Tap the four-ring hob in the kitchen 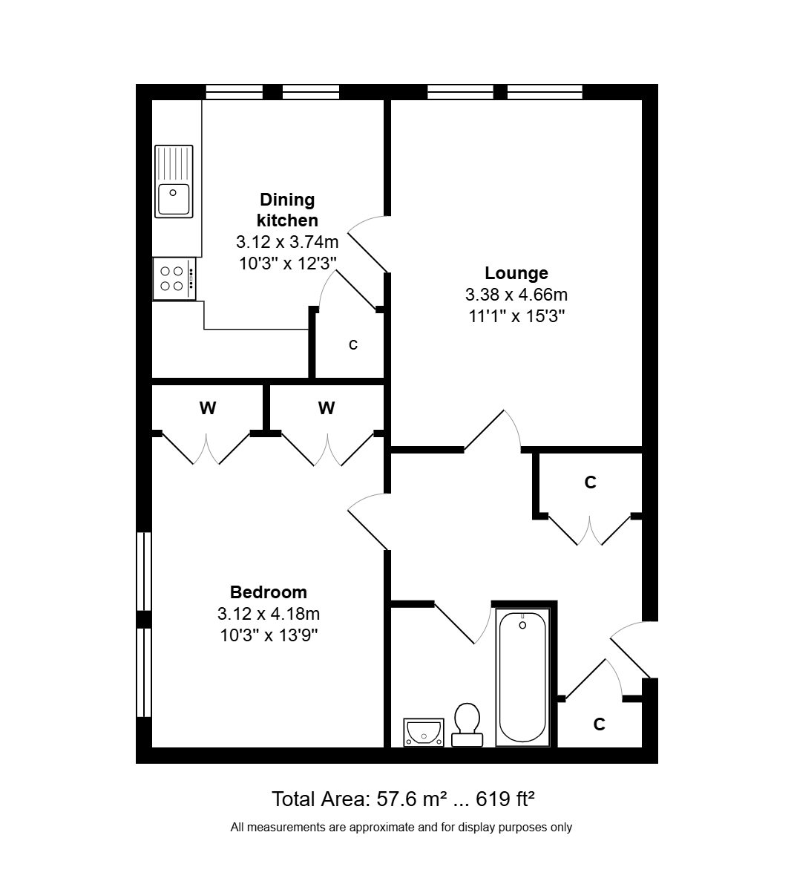[174, 279]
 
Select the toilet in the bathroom [467, 724]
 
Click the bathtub [522, 676]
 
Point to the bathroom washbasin [424, 733]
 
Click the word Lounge [516, 273]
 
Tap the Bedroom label [268, 592]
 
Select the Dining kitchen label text [287, 210]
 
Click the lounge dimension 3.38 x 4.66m [516, 294]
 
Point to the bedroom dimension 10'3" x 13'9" [269, 635]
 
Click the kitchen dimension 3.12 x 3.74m [287, 242]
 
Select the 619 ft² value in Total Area [505, 799]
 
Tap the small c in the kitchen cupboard [353, 344]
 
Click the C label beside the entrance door [599, 724]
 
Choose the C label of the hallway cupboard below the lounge [590, 482]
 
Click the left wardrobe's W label [207, 407]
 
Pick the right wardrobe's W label [327, 407]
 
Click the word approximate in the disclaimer [380, 828]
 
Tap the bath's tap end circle [522, 625]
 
